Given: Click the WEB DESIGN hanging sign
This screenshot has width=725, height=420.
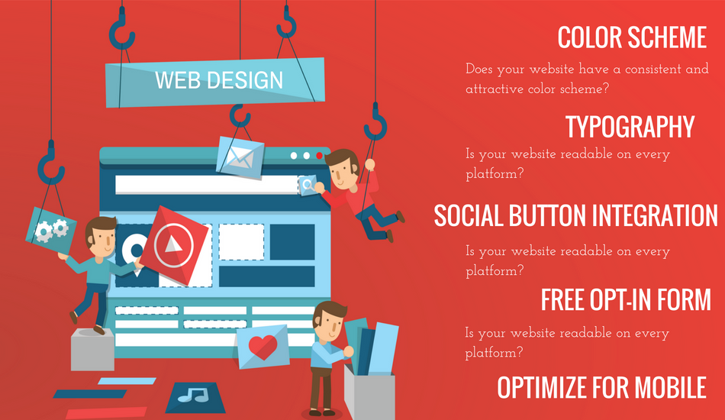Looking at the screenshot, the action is tap(215, 82).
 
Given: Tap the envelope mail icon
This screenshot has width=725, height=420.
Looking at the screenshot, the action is tap(240, 157).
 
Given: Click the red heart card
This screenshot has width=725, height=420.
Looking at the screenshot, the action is tap(263, 347).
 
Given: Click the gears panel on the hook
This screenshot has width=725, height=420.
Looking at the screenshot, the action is tap(51, 230).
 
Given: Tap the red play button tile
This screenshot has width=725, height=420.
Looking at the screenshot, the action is tap(174, 244).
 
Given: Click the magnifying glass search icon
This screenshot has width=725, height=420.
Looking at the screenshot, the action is tap(308, 185).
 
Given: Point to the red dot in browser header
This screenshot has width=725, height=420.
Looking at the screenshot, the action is tap(319, 156).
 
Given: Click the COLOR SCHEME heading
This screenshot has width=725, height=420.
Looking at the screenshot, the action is tap(632, 37).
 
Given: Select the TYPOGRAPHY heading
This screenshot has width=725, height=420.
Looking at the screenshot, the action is tap(630, 127).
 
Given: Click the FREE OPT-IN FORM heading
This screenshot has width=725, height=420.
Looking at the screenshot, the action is tap(626, 300).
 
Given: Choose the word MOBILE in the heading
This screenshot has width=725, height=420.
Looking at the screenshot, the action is tap(670, 388).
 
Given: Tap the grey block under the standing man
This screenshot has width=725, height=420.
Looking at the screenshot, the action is tap(92, 349).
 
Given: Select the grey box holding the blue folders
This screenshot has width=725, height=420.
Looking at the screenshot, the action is tap(369, 393).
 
